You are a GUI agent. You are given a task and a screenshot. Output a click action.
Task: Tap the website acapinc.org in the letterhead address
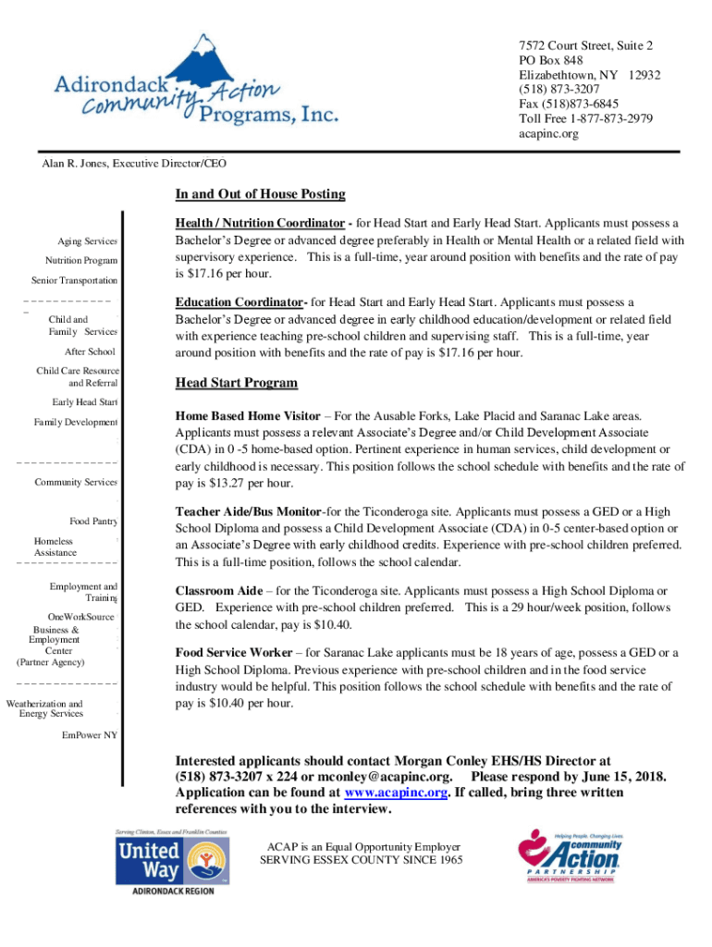[548, 134]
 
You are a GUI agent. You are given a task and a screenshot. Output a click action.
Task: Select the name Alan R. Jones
[73, 164]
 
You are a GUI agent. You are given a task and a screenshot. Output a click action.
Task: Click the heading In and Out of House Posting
[260, 194]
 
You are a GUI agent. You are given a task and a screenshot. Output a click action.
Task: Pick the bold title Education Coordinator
[240, 302]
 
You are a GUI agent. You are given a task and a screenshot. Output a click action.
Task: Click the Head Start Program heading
[236, 383]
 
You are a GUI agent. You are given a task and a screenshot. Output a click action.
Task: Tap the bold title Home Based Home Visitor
[248, 416]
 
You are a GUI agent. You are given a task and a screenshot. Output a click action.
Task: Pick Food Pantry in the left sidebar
[93, 522]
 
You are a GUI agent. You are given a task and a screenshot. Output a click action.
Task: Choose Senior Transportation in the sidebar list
[74, 280]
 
